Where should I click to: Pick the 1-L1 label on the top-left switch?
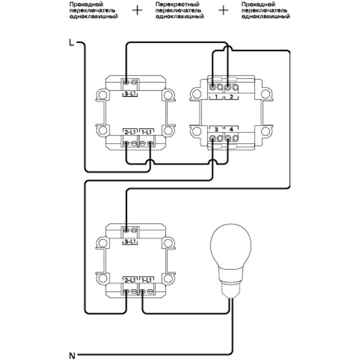(x=146, y=132)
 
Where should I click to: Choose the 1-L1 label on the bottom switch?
(x=146, y=279)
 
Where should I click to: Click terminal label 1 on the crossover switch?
(x=216, y=97)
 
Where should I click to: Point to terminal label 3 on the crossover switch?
(x=216, y=129)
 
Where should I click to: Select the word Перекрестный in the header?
(x=170, y=3)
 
